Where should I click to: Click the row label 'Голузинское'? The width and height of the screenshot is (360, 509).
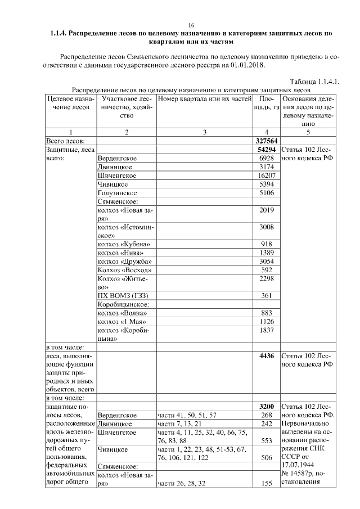point(117,192)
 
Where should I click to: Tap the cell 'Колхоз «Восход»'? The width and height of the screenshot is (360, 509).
point(125,270)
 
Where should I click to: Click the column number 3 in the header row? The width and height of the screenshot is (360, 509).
point(204,132)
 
